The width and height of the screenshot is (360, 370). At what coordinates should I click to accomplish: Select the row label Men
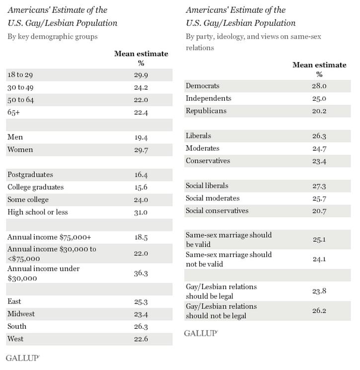(15, 137)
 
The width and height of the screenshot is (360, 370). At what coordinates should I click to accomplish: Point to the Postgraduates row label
(30, 175)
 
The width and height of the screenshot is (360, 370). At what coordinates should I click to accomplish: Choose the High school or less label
(37, 212)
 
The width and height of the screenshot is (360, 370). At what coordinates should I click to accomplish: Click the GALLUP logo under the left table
(22, 358)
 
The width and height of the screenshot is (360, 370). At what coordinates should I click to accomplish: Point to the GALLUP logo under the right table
(201, 333)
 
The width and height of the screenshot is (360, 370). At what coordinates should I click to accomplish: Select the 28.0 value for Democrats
(319, 86)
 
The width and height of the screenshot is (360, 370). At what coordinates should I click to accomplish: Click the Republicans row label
(206, 111)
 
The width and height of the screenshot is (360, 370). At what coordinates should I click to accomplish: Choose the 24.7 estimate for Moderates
(319, 148)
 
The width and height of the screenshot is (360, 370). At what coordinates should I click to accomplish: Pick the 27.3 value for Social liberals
(319, 185)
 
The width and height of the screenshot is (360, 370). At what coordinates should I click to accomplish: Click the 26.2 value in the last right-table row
(319, 311)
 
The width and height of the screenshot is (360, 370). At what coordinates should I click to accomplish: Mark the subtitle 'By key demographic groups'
(52, 36)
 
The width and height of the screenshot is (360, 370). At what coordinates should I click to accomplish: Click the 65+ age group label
(13, 112)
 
